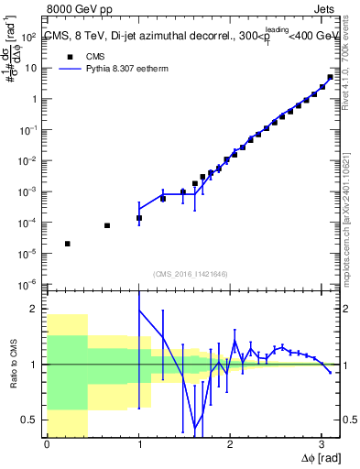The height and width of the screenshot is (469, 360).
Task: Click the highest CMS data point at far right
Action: pyautogui.click(x=330, y=77)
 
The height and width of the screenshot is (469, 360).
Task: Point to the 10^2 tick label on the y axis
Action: pyautogui.click(x=27, y=38)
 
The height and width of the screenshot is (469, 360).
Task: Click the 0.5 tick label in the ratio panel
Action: pyautogui.click(x=29, y=420)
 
